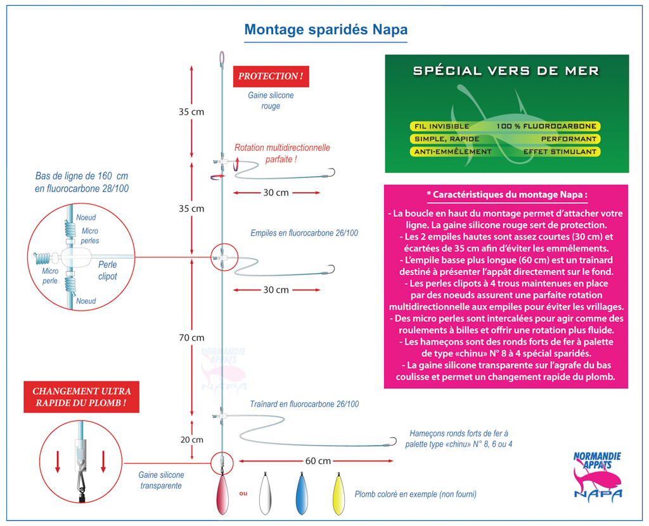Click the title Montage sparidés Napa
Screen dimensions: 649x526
coord(326,30)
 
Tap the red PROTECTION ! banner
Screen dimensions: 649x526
coord(271,76)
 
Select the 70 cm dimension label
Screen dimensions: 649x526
coord(191,338)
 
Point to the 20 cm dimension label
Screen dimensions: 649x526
coord(191,440)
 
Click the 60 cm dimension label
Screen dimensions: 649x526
coord(318,461)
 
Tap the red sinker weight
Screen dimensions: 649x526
coord(222,494)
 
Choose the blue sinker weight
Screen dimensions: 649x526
coord(302,494)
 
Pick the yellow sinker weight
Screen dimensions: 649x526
coord(338,494)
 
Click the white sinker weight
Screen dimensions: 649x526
coord(265,494)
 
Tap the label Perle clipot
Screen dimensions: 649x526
coord(108,271)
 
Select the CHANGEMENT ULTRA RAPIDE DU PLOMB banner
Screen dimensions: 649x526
coord(82,397)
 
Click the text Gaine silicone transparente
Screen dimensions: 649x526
coord(161,480)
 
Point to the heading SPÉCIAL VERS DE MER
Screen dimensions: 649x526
coord(506,71)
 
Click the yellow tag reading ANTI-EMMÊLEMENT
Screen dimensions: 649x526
coord(453,152)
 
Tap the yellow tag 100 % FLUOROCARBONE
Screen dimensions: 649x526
coord(546,126)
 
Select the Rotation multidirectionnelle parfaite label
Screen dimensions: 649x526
coord(282,153)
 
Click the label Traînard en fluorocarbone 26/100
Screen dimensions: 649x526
coord(304,404)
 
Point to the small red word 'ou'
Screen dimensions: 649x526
coord(243,493)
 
